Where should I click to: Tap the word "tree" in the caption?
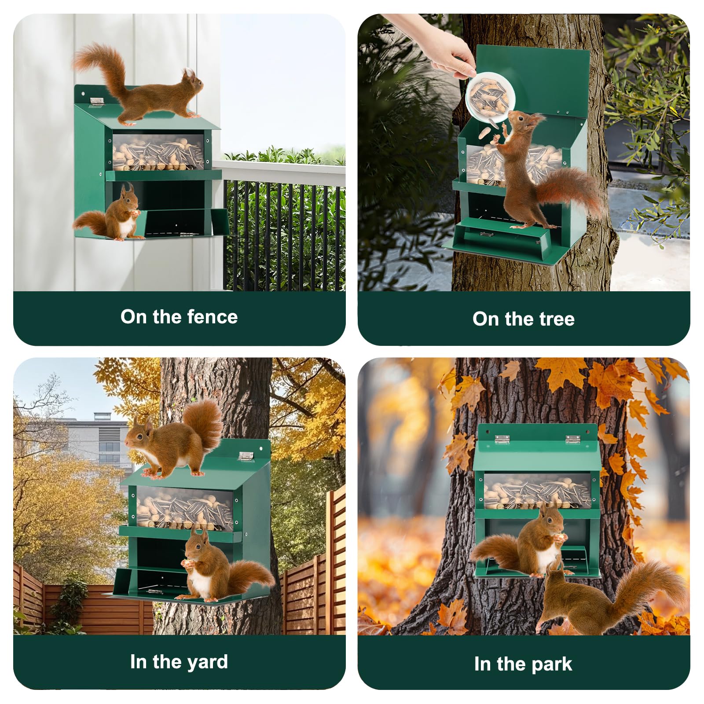click(x=556, y=319)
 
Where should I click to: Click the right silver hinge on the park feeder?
click(x=572, y=439)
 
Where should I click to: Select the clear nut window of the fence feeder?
click(x=158, y=152)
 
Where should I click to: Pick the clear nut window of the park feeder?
click(x=537, y=491)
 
